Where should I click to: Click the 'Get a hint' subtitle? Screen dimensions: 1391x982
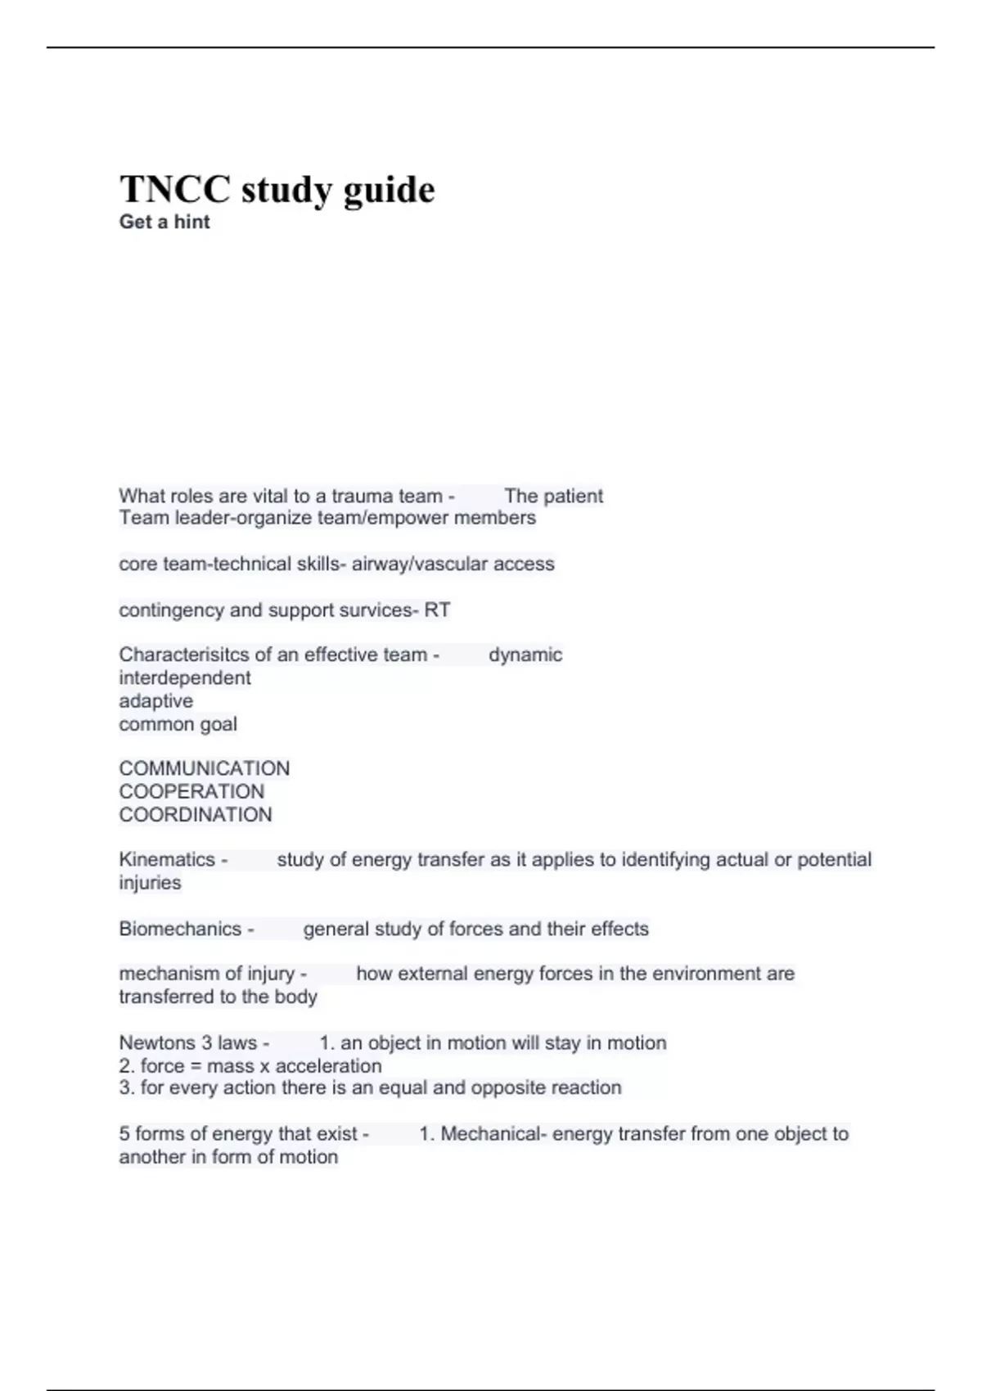point(164,222)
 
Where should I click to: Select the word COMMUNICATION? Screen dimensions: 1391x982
point(204,768)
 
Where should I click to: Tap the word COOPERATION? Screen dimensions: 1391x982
point(191,791)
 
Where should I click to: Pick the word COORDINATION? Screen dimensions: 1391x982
point(195,814)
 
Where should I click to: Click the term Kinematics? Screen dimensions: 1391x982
point(167,859)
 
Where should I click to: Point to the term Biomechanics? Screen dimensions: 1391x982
point(180,929)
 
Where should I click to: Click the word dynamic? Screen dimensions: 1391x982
point(525,655)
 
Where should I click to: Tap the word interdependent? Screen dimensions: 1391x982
point(185,677)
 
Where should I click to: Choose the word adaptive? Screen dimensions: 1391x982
point(155,700)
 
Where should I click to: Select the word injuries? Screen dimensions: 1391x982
point(150,882)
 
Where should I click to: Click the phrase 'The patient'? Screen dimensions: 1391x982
point(553,496)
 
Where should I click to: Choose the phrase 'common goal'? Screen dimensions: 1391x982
point(178,724)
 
